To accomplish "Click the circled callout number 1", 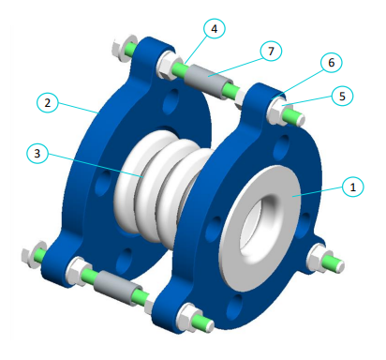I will point(352,187).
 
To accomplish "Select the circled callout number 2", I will point(45,101).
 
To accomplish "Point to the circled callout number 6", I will point(329,62).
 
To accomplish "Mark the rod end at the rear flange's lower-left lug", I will point(31,253).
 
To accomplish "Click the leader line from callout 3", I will point(94,163).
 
